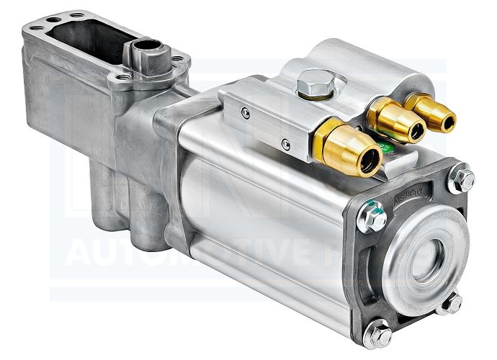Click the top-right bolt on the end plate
[461, 178]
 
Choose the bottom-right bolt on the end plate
[452, 303]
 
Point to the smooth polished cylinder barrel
[267, 216]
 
